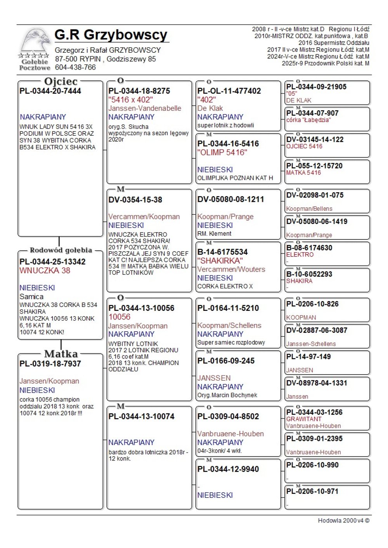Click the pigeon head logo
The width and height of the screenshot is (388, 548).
coord(36,41)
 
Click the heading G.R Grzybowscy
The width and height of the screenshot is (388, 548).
coord(111,35)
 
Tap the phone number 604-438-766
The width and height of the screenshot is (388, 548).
coord(75,67)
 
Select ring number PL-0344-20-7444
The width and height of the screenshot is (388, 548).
coord(50,91)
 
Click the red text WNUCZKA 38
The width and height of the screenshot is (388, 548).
coord(45,271)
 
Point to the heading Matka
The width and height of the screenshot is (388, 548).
coord(61,354)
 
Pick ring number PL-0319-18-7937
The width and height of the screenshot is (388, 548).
coord(50,364)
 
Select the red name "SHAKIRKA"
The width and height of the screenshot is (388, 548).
coord(220,261)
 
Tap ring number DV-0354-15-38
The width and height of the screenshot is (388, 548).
coord(135,200)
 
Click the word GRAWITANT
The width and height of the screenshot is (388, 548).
coord(304,419)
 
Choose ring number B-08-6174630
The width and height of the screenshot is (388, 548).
coord(309,248)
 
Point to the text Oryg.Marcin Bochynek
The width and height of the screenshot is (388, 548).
coord(227,395)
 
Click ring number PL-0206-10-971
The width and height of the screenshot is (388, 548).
coord(312,491)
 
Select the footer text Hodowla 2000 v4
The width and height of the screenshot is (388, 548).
coord(343,520)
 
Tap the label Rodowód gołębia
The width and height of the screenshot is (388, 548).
coord(61,250)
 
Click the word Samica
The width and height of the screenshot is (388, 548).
coord(31,296)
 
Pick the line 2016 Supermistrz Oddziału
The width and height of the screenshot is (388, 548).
coord(334,43)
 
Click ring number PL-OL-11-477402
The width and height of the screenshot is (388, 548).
coord(229,91)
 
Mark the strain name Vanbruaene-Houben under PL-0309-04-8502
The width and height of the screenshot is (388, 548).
coord(230,434)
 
